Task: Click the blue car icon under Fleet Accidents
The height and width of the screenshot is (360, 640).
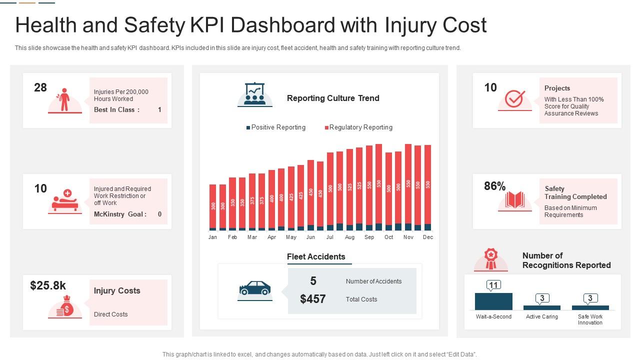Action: [x=255, y=288]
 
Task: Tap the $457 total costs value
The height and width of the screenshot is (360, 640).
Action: [x=313, y=299]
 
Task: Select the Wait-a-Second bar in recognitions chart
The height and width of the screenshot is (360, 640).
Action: [x=493, y=301]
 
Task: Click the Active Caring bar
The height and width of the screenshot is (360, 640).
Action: [x=542, y=307]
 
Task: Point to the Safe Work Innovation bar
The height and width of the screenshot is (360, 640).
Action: [x=590, y=307]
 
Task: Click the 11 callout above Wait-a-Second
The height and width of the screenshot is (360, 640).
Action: [x=493, y=285]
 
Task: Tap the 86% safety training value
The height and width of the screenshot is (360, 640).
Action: [x=495, y=186]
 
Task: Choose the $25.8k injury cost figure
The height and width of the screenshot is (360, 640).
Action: [x=48, y=285]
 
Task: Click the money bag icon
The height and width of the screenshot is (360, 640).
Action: [x=65, y=306]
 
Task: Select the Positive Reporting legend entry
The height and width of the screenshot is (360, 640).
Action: [x=275, y=127]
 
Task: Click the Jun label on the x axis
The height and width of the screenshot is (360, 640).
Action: [x=310, y=237]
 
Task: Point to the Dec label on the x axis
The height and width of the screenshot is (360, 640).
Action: [x=428, y=237]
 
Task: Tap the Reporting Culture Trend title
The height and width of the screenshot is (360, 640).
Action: [x=333, y=98]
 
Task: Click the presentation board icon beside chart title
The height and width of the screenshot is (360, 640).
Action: [x=255, y=94]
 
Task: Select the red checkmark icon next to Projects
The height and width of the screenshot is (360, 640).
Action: [x=514, y=99]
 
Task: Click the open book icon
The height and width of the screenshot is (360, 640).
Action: [x=514, y=200]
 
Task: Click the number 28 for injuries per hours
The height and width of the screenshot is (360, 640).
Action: [x=40, y=88]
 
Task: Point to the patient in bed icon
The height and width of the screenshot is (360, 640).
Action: [x=65, y=199]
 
